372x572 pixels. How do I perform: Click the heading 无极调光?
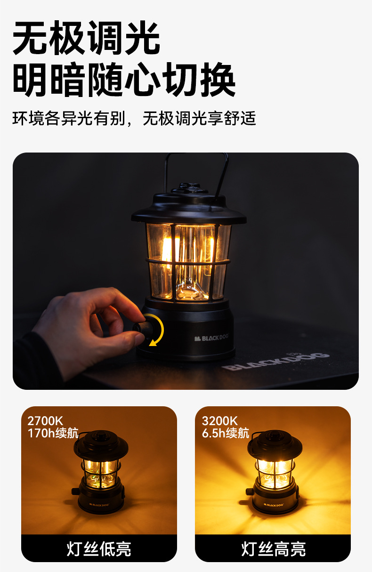[86, 38]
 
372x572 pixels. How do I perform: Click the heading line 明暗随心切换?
[124, 80]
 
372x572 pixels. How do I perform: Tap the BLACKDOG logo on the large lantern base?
[211, 338]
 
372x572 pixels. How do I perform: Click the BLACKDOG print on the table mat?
[275, 361]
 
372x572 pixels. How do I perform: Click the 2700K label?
[45, 421]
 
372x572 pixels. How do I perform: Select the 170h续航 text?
[53, 433]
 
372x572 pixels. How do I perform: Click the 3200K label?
[220, 421]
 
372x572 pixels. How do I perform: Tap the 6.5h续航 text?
[226, 433]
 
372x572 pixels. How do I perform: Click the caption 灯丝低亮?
[99, 549]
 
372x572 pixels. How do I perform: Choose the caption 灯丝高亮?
[274, 549]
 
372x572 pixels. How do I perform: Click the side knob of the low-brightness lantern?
[76, 491]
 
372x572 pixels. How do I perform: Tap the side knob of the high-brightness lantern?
[250, 491]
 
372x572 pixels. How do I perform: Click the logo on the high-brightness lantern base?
[274, 505]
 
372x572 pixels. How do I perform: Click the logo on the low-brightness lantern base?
[99, 505]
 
